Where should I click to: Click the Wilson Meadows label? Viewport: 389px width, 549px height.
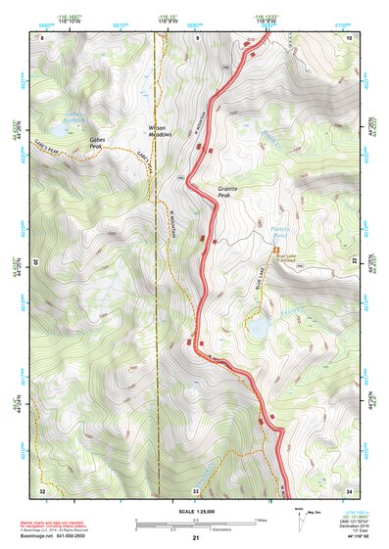(x=159, y=130)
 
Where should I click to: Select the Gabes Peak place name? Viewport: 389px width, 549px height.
(x=96, y=144)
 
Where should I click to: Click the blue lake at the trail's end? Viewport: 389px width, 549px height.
(x=259, y=327)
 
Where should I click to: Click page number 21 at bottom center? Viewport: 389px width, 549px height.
(x=196, y=538)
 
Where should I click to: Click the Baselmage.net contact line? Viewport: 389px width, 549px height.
(x=57, y=535)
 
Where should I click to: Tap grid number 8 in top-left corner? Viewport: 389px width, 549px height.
(x=42, y=37)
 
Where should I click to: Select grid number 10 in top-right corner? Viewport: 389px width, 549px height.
(x=349, y=37)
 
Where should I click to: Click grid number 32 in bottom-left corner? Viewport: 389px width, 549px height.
(x=42, y=490)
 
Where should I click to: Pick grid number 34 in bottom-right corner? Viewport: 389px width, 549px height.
(x=349, y=490)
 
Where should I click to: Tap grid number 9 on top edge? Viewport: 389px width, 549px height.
(x=196, y=37)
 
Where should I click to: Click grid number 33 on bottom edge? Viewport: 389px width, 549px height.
(x=195, y=490)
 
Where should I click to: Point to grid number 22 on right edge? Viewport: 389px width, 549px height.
(x=353, y=263)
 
